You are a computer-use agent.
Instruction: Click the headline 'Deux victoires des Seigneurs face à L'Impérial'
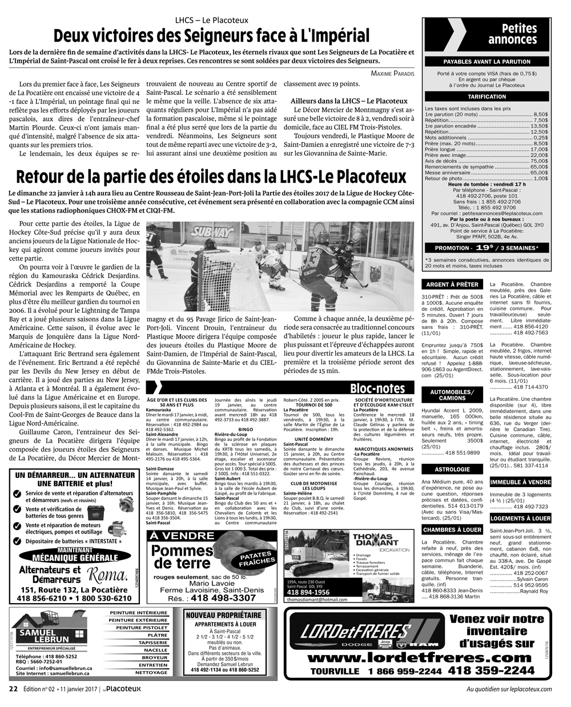click(x=211, y=34)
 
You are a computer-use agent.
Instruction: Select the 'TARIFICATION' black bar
click(x=486, y=97)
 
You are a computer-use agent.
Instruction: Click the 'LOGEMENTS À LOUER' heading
click(x=520, y=518)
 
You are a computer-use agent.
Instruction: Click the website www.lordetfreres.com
click(x=417, y=657)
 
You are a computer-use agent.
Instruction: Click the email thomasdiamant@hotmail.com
click(x=318, y=600)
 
